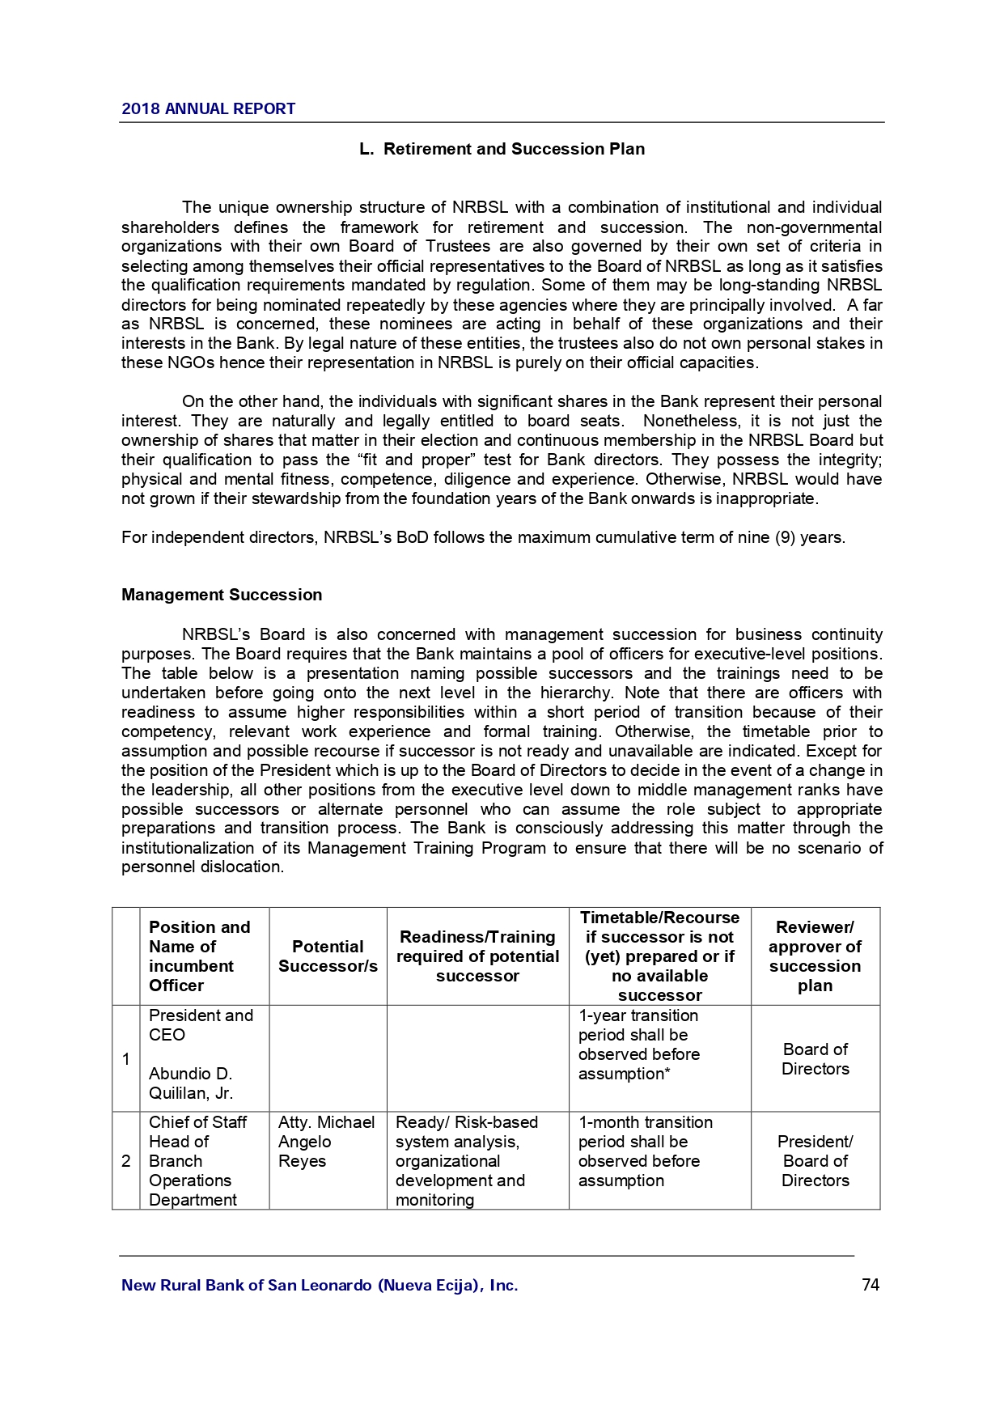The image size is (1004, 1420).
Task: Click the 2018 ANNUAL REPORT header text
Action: tap(208, 108)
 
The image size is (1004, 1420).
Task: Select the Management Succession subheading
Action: tap(222, 595)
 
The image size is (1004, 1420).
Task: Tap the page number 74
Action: tap(871, 1285)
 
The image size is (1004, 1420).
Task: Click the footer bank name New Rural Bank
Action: tap(320, 1285)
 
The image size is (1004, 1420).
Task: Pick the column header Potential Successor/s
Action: tap(328, 956)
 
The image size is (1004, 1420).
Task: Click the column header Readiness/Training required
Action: tap(477, 956)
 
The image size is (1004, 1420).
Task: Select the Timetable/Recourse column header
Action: tap(659, 956)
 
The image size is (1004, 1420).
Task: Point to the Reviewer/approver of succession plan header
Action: tap(815, 956)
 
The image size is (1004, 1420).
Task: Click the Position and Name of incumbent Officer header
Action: tap(200, 956)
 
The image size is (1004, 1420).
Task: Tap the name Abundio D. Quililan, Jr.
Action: tap(191, 1083)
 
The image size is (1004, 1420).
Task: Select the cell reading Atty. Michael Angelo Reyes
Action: tap(326, 1142)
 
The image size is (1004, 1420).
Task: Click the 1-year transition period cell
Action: tap(638, 1045)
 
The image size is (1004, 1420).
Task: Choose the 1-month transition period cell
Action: tap(645, 1151)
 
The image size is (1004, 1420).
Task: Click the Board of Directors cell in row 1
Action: tap(815, 1059)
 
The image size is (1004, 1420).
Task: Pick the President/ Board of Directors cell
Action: tap(815, 1161)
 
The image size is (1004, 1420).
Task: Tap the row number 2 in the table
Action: tap(126, 1161)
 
